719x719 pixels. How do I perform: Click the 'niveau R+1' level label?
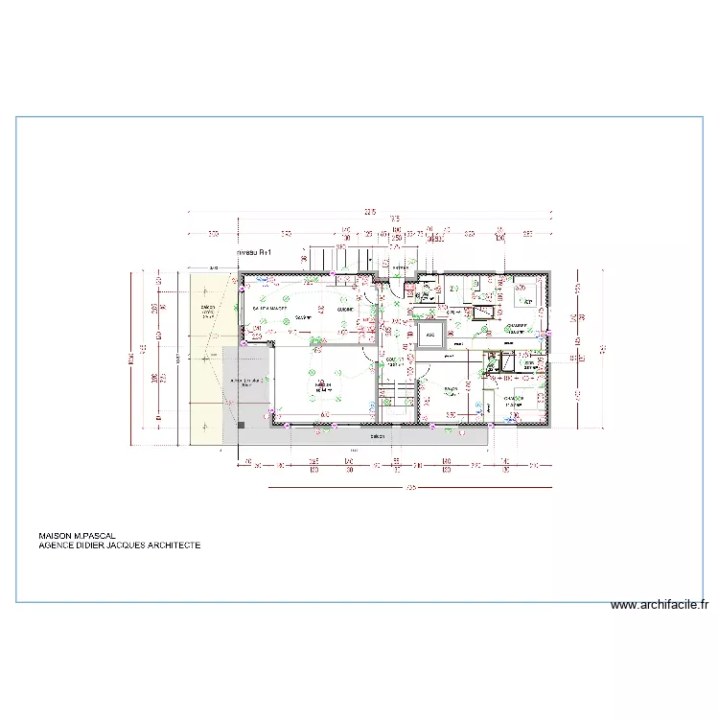point(254,251)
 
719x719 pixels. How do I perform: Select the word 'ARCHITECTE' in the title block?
point(174,545)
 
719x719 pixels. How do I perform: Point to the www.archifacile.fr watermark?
point(660,605)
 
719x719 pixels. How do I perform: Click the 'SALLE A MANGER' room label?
point(270,309)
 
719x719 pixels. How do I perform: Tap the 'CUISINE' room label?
point(345,310)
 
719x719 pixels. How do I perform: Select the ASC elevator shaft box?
point(429,336)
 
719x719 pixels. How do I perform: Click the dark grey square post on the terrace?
point(242,423)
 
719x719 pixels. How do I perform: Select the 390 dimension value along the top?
point(285,233)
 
